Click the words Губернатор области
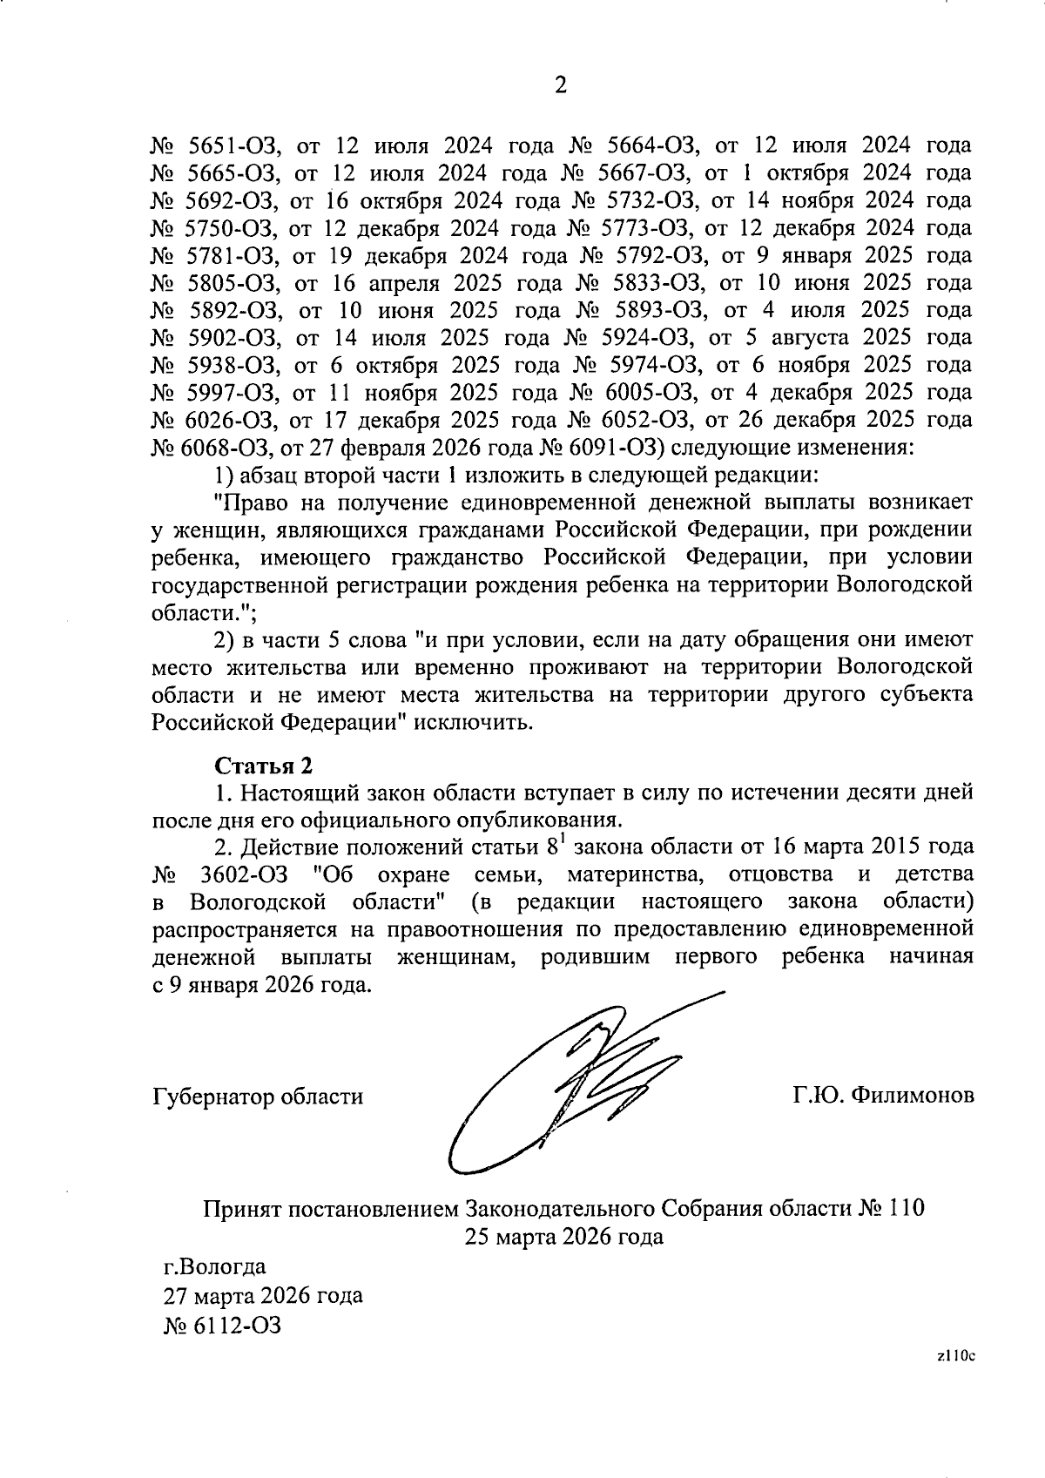(x=258, y=1097)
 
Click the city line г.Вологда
(x=215, y=1265)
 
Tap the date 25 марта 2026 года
(x=563, y=1236)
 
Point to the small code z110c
(x=955, y=1380)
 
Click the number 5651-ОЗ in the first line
(x=232, y=145)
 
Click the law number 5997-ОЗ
(x=232, y=393)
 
